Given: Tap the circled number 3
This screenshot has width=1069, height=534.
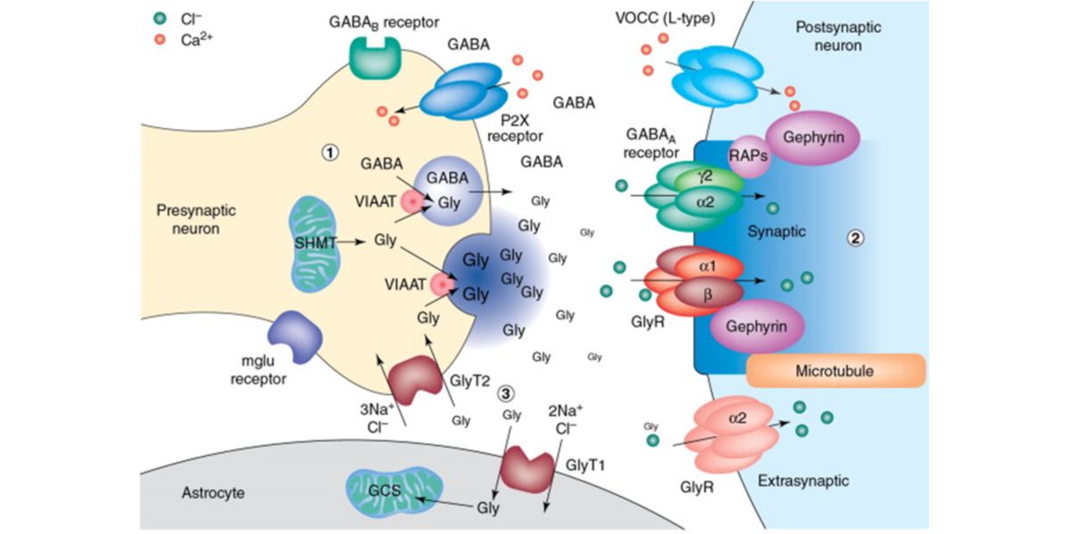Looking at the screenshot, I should tap(504, 392).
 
